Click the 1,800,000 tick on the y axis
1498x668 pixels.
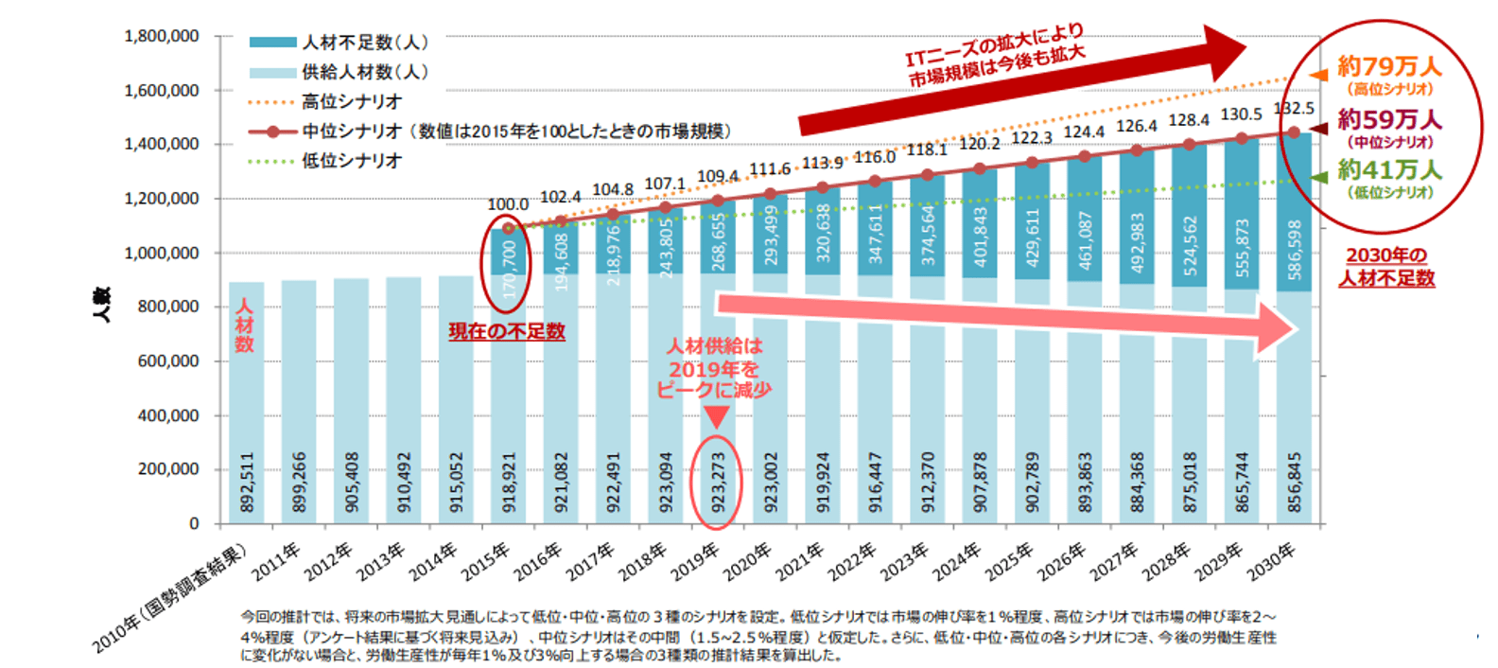coord(162,36)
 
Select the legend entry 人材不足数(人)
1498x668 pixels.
coord(365,43)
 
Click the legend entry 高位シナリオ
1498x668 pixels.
coord(352,101)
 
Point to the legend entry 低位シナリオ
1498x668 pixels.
coord(352,161)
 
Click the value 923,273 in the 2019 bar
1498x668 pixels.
coord(718,483)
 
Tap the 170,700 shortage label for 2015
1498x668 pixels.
coord(510,270)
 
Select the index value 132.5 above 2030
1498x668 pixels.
coord(1293,108)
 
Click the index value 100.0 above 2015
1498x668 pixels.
coord(508,204)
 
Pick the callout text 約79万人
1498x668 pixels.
coord(1389,66)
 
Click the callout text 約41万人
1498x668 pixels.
coord(1389,170)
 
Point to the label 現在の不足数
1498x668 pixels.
coord(507,331)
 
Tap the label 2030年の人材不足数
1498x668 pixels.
coord(1386,267)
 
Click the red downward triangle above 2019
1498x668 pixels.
coord(717,417)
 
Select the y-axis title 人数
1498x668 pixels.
coord(102,306)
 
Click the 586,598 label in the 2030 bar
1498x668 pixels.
coord(1295,250)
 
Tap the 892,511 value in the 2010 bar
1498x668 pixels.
coord(247,483)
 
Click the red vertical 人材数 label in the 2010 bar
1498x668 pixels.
coord(245,325)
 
